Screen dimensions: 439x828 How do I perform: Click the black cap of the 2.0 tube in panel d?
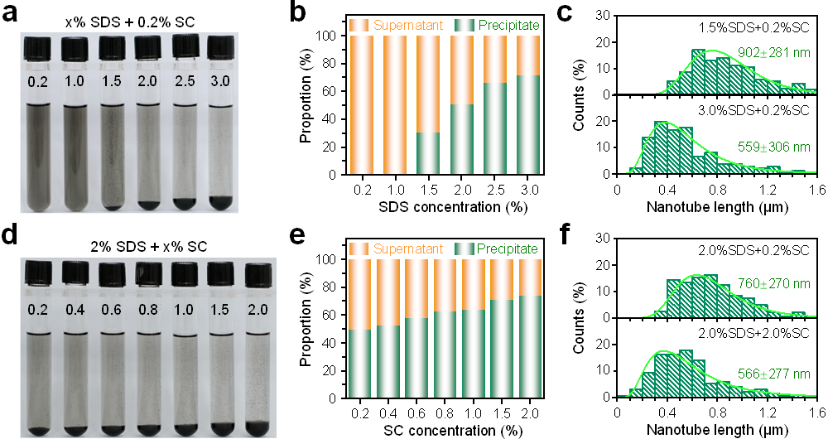(258, 273)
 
